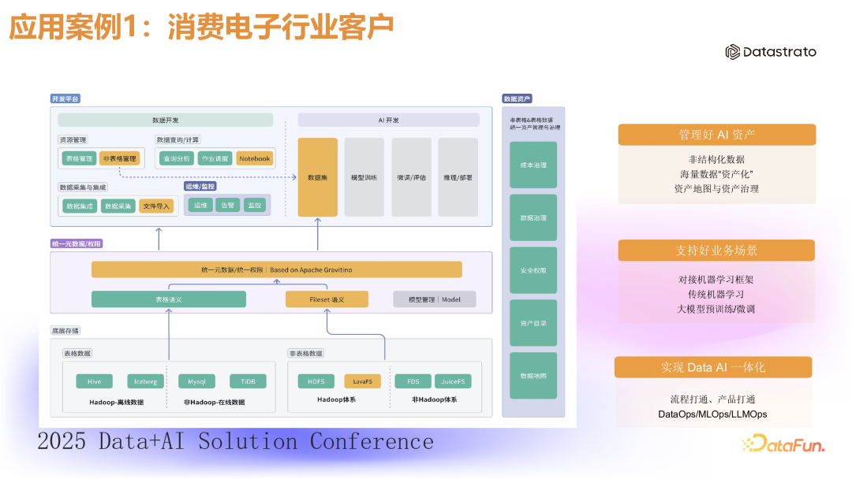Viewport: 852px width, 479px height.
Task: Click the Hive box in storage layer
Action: coord(94,381)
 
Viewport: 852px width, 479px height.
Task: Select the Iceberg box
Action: coord(145,381)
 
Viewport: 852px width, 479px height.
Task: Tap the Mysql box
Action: coord(196,381)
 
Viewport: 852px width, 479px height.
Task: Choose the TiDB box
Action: coord(248,381)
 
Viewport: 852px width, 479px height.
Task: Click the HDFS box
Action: coord(316,381)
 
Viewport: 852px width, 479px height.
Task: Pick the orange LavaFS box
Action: coord(363,381)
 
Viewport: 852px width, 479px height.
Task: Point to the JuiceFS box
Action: coord(453,381)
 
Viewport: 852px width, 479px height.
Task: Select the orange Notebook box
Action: coord(254,158)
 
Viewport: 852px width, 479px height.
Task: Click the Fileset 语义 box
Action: coord(326,299)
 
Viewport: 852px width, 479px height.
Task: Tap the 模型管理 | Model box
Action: coord(435,299)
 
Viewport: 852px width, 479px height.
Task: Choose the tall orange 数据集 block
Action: coord(317,177)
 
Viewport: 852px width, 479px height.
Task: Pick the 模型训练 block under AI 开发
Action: coord(364,177)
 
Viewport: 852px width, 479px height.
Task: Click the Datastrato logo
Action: coord(771,52)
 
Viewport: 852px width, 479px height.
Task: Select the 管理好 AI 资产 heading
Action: coord(716,135)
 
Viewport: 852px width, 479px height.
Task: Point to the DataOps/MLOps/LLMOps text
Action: coord(712,414)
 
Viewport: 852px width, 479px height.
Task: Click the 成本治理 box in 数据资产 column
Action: coord(533,165)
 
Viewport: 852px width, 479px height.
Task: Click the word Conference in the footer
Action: coord(372,441)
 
